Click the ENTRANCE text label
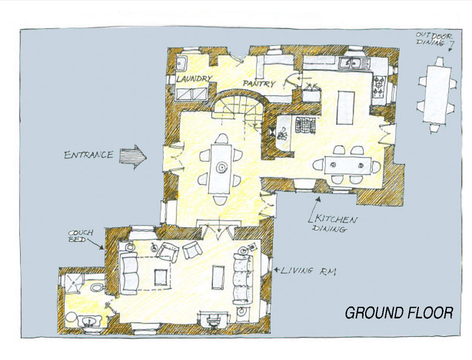click(89, 155)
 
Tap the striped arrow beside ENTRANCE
click(133, 157)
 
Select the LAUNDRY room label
click(194, 79)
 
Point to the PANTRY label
click(259, 83)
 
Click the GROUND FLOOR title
click(399, 313)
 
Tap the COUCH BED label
click(81, 236)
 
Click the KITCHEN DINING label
click(333, 223)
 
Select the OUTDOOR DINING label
click(434, 39)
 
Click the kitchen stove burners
click(379, 86)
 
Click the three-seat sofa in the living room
click(243, 279)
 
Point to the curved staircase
click(240, 106)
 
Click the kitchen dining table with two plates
click(348, 165)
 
